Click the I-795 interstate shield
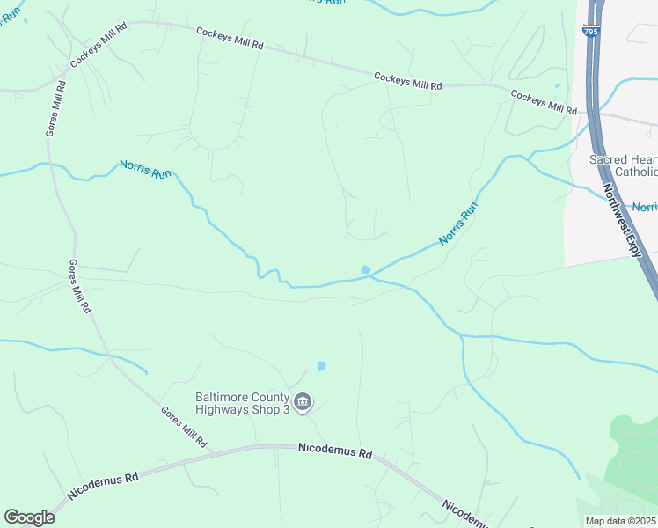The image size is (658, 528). pyautogui.click(x=589, y=31)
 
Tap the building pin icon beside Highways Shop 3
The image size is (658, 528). pyautogui.click(x=302, y=403)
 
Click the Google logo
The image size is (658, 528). pyautogui.click(x=29, y=517)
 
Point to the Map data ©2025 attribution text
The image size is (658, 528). pyautogui.click(x=621, y=521)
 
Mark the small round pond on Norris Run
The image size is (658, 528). pyautogui.click(x=365, y=269)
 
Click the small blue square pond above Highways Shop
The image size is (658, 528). pyautogui.click(x=321, y=366)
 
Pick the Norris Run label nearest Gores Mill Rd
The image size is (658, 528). pyautogui.click(x=146, y=169)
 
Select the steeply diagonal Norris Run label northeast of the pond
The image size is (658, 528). pyautogui.click(x=458, y=224)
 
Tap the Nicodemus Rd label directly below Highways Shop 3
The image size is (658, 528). pyautogui.click(x=335, y=451)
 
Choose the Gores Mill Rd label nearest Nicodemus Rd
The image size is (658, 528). pyautogui.click(x=183, y=426)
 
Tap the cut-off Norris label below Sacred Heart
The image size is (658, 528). pyautogui.click(x=645, y=207)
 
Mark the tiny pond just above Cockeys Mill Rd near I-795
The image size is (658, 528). pyautogui.click(x=558, y=86)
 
